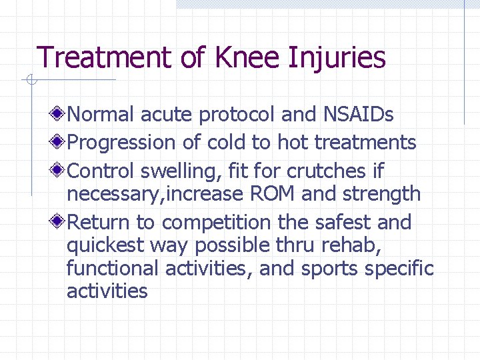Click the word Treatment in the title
[105, 57]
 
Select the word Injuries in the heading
[337, 59]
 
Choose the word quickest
[105, 246]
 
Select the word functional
[111, 269]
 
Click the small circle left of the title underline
[30, 81]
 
